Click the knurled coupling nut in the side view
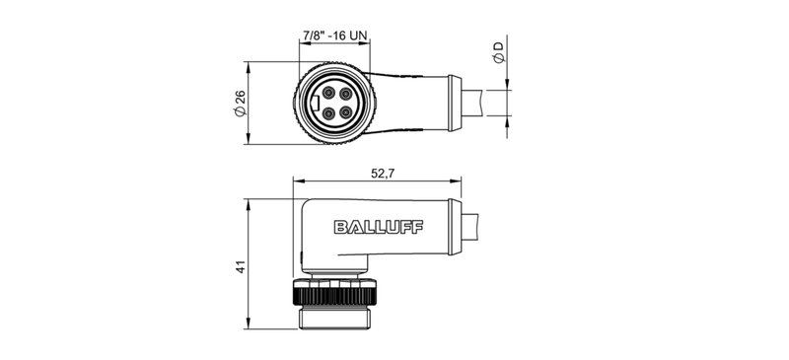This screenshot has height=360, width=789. (x=335, y=293)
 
